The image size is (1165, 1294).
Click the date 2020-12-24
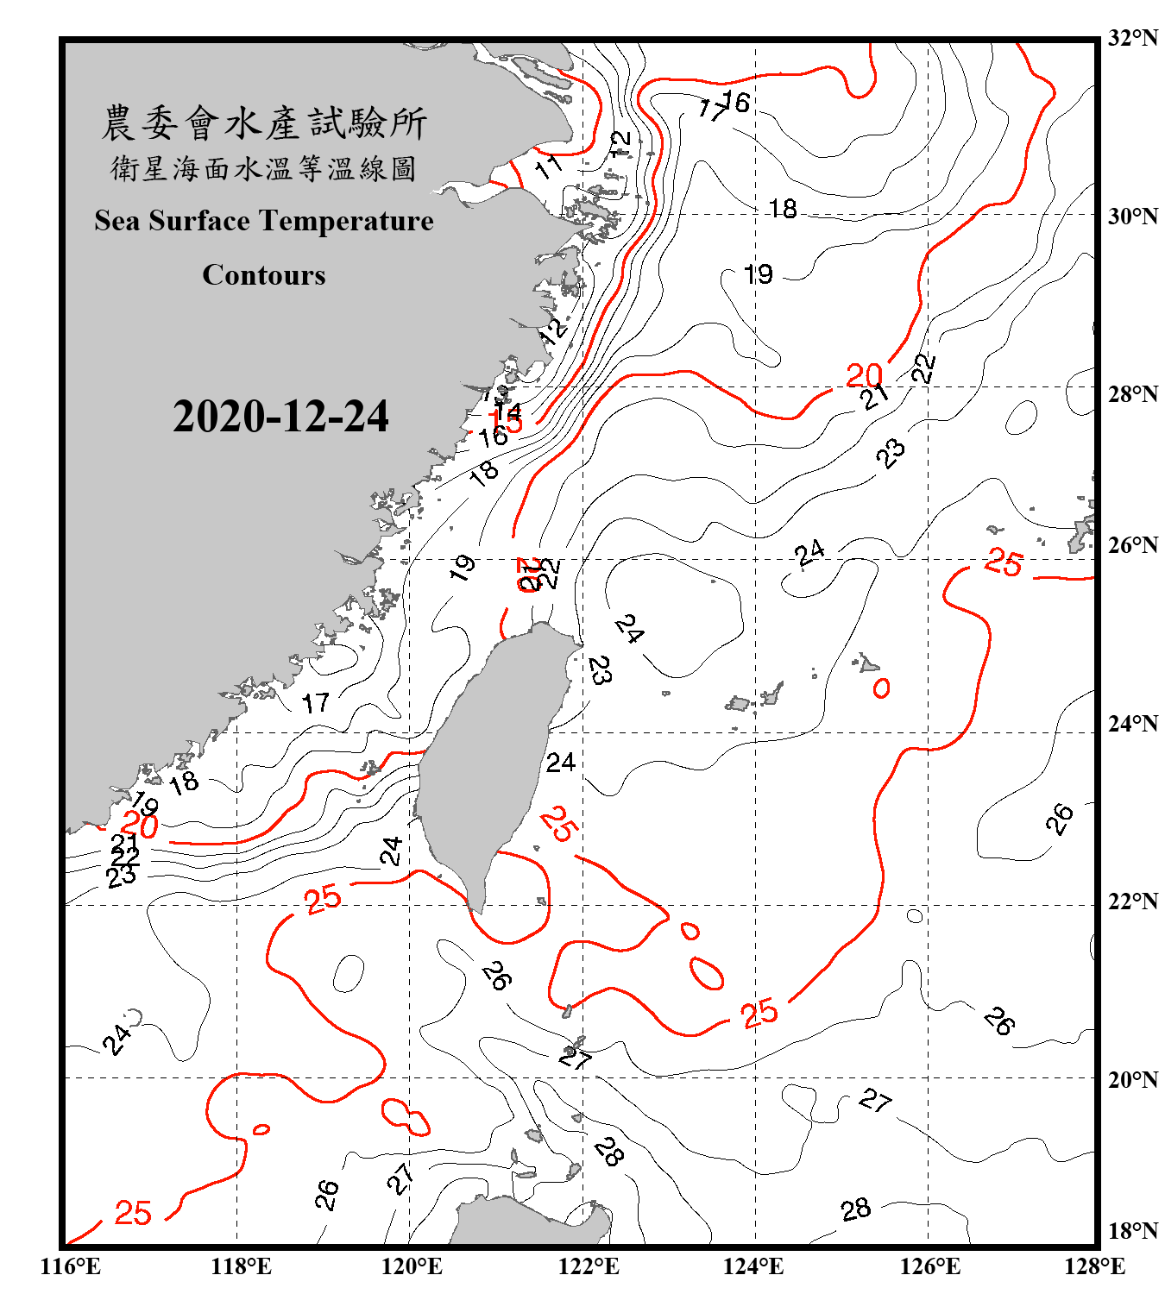[280, 417]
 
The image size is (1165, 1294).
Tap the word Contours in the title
[264, 275]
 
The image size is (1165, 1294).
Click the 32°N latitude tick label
[1132, 38]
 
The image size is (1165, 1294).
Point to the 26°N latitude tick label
[1132, 545]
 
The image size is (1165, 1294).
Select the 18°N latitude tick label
[1132, 1231]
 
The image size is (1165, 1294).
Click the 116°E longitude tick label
[70, 1266]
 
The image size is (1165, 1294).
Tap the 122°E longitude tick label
[589, 1266]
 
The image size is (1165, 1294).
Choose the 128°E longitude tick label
[1094, 1266]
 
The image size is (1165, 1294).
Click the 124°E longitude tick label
[753, 1266]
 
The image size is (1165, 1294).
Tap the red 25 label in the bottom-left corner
[133, 1213]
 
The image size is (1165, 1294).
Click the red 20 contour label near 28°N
[864, 375]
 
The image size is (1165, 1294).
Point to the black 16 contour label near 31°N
[736, 102]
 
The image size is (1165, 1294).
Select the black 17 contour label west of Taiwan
[315, 703]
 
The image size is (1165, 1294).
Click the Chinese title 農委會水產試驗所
[264, 123]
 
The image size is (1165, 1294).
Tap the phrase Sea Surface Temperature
[264, 221]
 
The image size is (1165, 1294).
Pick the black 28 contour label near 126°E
[855, 1209]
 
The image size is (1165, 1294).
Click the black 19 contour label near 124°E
[758, 274]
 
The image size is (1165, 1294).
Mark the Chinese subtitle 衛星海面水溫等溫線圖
[264, 169]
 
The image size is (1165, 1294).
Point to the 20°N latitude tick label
[1132, 1079]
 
